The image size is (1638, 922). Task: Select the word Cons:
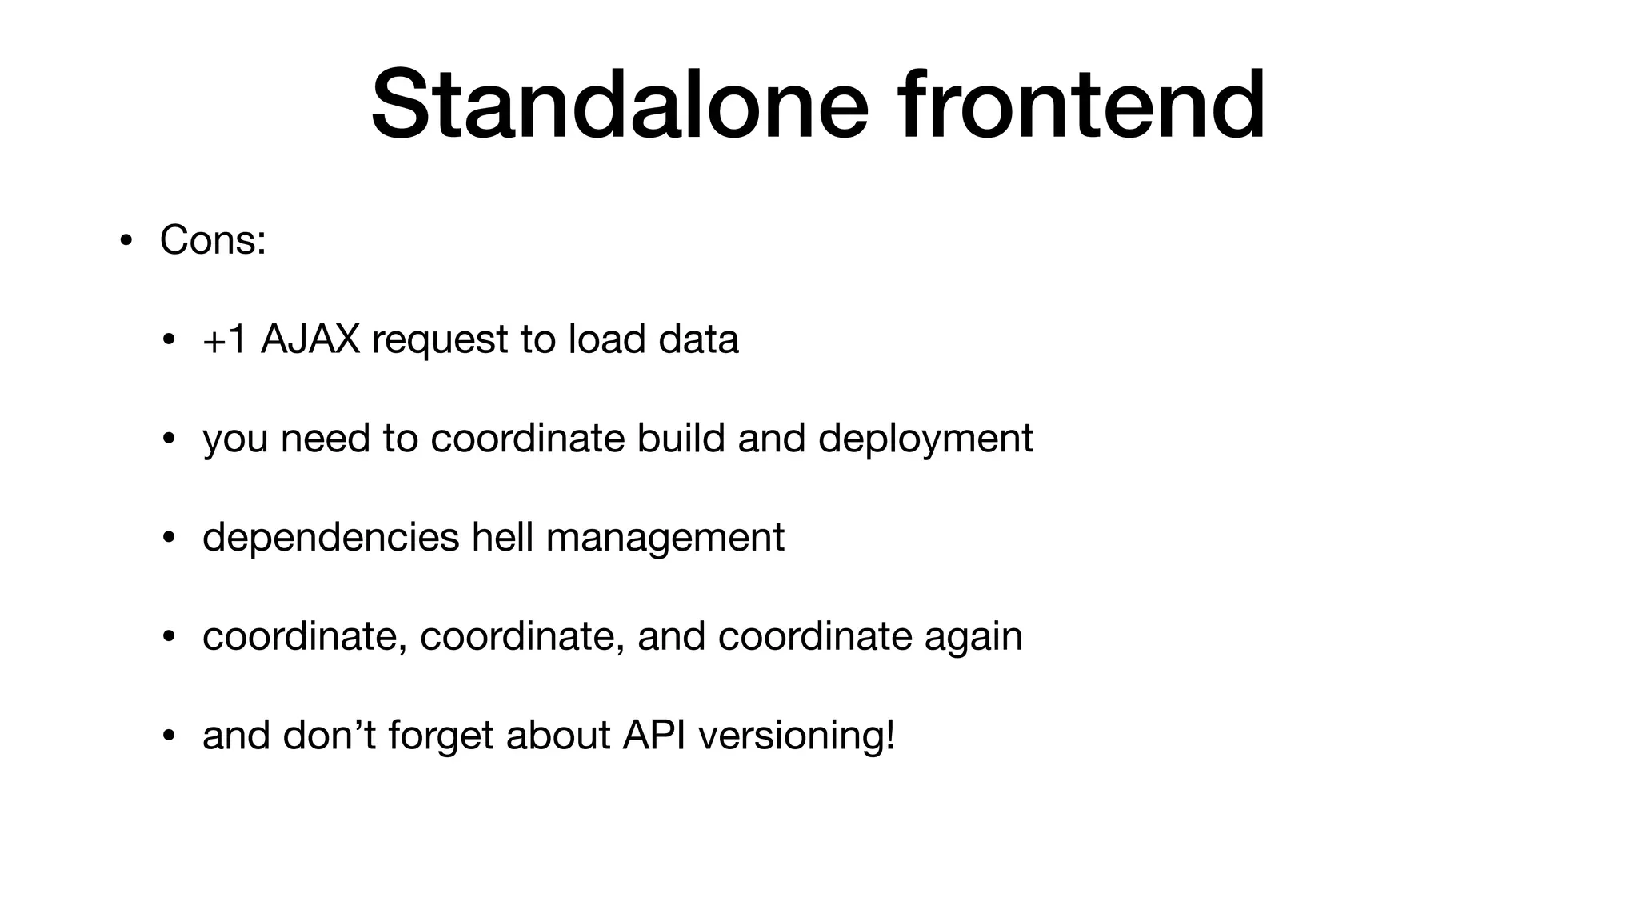click(x=213, y=239)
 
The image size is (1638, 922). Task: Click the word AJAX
click(x=310, y=339)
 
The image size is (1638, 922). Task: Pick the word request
click(x=440, y=340)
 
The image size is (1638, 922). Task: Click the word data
click(x=698, y=339)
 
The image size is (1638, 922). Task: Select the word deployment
click(x=925, y=439)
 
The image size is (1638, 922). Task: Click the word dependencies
click(x=330, y=538)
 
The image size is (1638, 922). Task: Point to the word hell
click(x=502, y=536)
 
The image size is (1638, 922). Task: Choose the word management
click(x=665, y=538)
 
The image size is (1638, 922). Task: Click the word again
click(x=973, y=637)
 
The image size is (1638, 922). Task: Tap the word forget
click(x=441, y=736)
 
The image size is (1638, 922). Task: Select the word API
click(x=653, y=735)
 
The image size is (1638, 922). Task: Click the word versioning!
click(x=797, y=736)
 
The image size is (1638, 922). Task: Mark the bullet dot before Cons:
click(x=126, y=241)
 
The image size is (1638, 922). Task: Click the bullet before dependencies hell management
click(x=168, y=538)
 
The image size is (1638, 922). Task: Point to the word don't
click(x=329, y=735)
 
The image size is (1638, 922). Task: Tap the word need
click(x=325, y=438)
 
